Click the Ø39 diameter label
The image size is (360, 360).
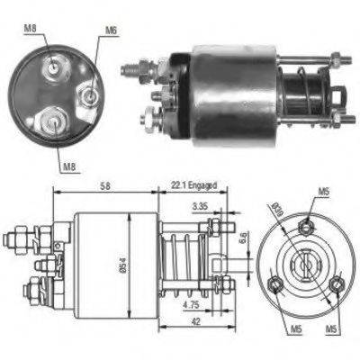pyautogui.click(x=275, y=212)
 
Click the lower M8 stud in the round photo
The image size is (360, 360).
pyautogui.click(x=53, y=119)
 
